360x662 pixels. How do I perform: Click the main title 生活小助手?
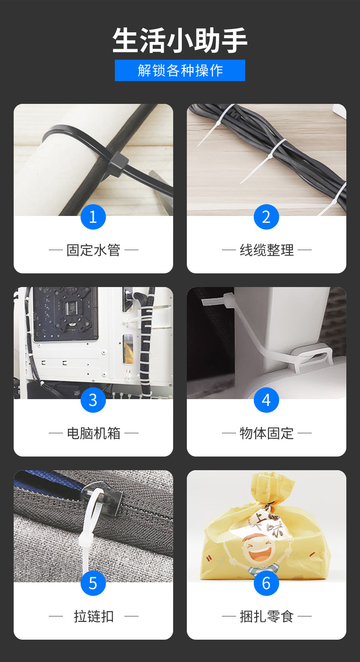[180, 40]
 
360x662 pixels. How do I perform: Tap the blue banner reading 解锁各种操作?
[180, 70]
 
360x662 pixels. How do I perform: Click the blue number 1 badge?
[93, 217]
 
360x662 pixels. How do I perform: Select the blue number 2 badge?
[266, 217]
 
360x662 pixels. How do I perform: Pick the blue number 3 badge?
[93, 400]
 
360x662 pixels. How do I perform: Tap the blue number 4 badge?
[266, 400]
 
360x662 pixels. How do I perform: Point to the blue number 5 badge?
[93, 583]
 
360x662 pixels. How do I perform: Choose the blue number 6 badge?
[266, 583]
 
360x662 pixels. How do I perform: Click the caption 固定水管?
[93, 250]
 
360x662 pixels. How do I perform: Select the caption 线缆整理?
[267, 250]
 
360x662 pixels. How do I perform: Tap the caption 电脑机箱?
[93, 433]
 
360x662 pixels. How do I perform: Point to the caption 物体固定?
[267, 433]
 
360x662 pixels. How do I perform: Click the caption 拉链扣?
[93, 616]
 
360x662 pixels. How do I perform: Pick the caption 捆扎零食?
[267, 616]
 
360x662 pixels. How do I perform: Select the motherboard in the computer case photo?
[66, 314]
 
